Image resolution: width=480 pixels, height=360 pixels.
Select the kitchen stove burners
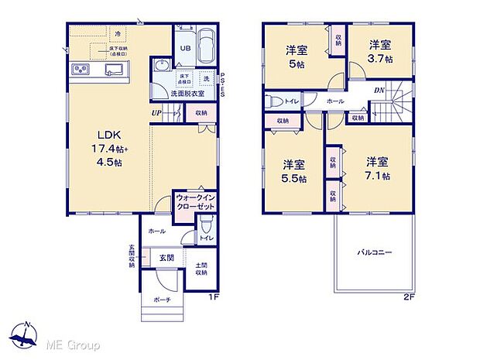[83, 70]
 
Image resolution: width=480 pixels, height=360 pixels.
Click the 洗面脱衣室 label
[188, 94]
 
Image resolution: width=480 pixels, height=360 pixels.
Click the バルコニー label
[375, 252]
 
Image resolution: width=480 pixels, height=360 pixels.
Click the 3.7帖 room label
[379, 51]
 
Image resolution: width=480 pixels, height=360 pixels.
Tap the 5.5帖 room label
[293, 171]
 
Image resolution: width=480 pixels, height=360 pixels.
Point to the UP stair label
[156, 112]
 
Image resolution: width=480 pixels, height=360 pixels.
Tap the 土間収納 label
[201, 269]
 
